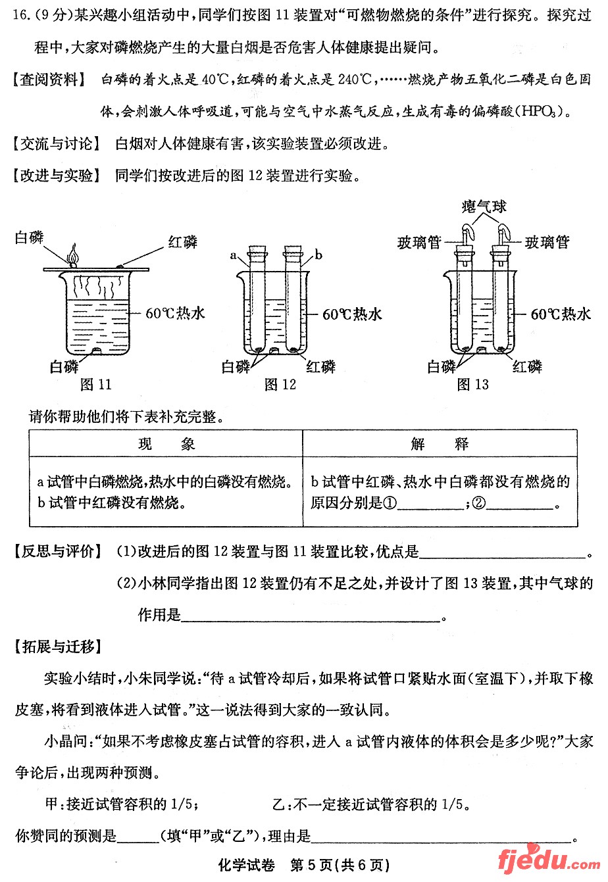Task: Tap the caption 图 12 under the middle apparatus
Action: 280,385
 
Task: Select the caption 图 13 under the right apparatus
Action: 473,385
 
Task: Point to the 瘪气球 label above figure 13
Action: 483,207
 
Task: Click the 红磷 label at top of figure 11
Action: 182,242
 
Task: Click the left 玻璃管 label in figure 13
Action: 419,243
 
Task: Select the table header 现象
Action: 166,445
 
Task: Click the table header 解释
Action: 440,445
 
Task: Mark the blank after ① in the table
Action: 431,506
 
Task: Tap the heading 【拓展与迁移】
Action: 58,647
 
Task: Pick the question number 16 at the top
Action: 21,15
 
